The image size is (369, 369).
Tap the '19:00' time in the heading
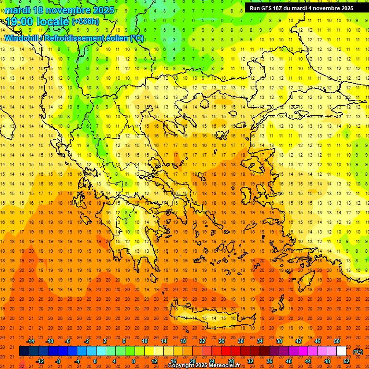click(x=18, y=22)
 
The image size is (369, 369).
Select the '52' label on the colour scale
click(x=346, y=361)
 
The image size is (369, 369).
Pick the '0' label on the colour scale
click(x=95, y=361)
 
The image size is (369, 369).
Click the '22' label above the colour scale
click(x=202, y=341)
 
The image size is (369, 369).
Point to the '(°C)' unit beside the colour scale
click(x=358, y=352)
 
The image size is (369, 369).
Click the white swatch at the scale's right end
click(x=341, y=351)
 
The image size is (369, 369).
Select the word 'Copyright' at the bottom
click(x=183, y=366)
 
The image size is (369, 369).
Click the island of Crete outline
click(x=211, y=315)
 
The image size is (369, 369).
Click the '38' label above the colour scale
click(x=279, y=341)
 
